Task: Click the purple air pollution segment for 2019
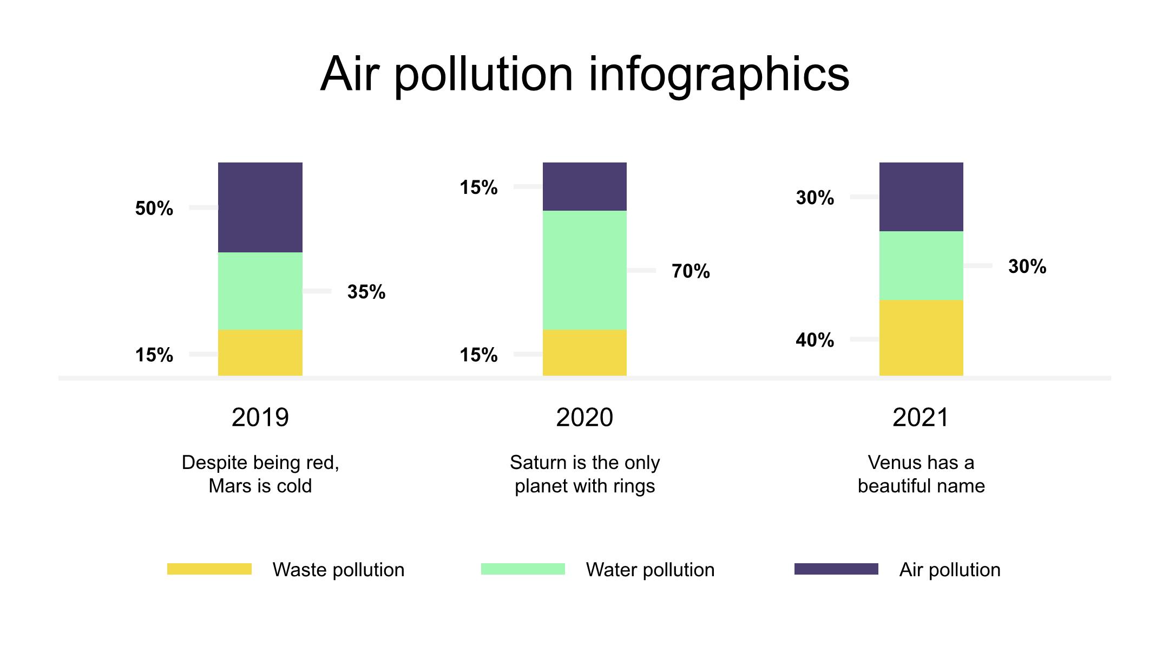[260, 207]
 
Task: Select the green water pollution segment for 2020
[584, 270]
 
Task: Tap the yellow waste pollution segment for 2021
[921, 338]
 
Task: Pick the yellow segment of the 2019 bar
[260, 353]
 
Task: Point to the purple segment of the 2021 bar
[921, 197]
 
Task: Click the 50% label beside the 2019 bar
[154, 209]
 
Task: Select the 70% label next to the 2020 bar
[691, 271]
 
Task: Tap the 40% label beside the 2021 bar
[815, 340]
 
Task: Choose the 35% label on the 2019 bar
[366, 292]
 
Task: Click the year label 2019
[260, 418]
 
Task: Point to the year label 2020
[584, 418]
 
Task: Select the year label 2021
[921, 418]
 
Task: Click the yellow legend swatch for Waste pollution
[209, 569]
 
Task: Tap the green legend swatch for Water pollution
[523, 569]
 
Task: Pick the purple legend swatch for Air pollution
[836, 569]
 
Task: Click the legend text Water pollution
[650, 570]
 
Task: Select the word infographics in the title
[719, 75]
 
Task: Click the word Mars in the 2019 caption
[229, 486]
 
